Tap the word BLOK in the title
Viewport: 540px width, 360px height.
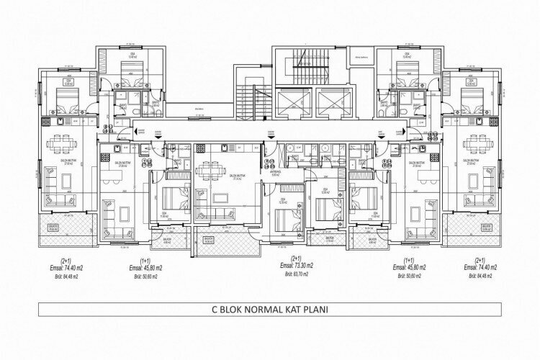[x=242, y=314]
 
